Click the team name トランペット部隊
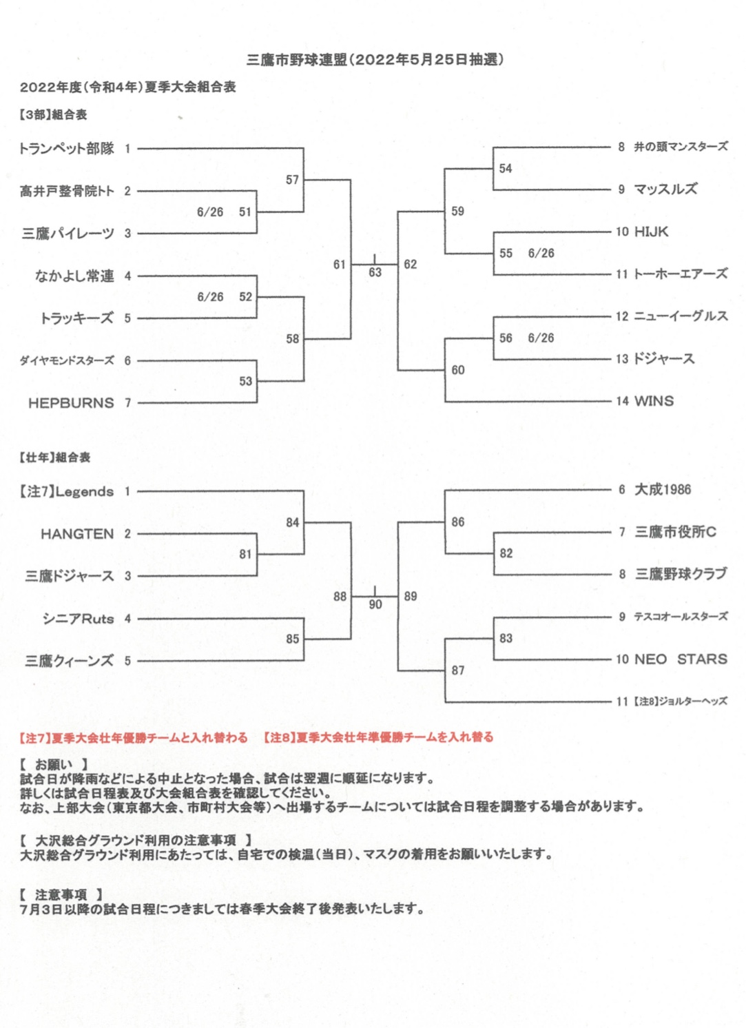[x=67, y=149]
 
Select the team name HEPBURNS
[x=71, y=403]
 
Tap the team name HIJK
[x=651, y=232]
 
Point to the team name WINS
[x=654, y=401]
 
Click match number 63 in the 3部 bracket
[x=375, y=273]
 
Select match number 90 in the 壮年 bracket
[x=375, y=604]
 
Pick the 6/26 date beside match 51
[x=210, y=212]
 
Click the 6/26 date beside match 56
[x=541, y=338]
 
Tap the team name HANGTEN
[x=77, y=534]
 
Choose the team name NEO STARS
[x=681, y=659]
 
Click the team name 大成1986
[x=663, y=490]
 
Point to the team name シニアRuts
[x=78, y=619]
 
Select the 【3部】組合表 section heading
[x=53, y=115]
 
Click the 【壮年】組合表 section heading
[x=54, y=458]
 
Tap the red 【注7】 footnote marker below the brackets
[x=35, y=737]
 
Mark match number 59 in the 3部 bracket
[x=457, y=212]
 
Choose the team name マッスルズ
[x=665, y=189]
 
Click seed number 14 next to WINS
[x=622, y=401]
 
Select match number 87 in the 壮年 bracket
[x=458, y=670]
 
